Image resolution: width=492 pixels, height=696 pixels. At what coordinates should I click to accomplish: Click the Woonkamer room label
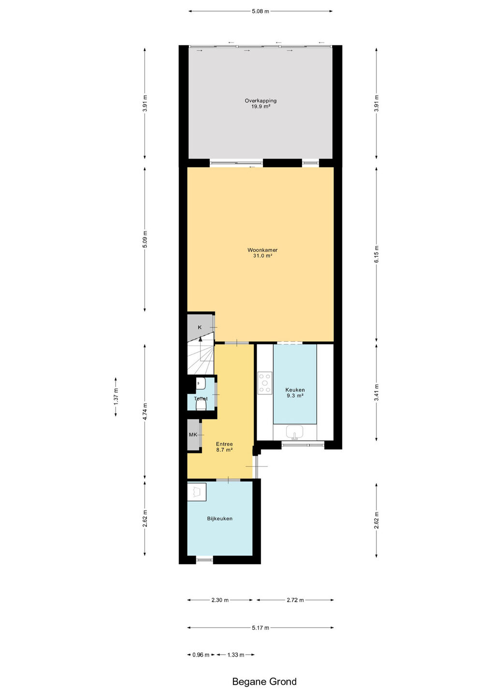[x=262, y=253]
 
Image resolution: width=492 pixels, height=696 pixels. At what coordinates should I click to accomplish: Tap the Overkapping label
[x=260, y=103]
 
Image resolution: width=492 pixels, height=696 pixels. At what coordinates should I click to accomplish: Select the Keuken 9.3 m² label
[x=295, y=392]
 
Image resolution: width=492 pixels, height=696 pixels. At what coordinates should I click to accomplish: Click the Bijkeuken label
[x=219, y=518]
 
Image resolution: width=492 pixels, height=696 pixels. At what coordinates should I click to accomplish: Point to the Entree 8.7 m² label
[x=224, y=447]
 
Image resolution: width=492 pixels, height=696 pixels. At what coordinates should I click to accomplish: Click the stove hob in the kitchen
[x=265, y=383]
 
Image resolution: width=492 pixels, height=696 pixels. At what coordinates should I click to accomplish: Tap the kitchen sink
[x=294, y=432]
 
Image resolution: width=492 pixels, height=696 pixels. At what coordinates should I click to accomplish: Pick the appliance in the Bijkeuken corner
[x=197, y=492]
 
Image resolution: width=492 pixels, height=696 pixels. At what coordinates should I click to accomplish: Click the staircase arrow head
[x=201, y=339]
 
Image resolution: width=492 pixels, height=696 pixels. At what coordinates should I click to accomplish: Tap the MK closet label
[x=193, y=435]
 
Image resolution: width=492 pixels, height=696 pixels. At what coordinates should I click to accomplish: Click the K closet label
[x=200, y=327]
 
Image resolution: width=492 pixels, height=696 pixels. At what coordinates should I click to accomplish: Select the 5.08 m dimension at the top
[x=260, y=12]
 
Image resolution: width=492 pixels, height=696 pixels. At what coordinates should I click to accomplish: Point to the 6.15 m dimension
[x=376, y=254]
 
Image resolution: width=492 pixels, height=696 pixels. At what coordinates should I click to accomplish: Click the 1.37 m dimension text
[x=116, y=397]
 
